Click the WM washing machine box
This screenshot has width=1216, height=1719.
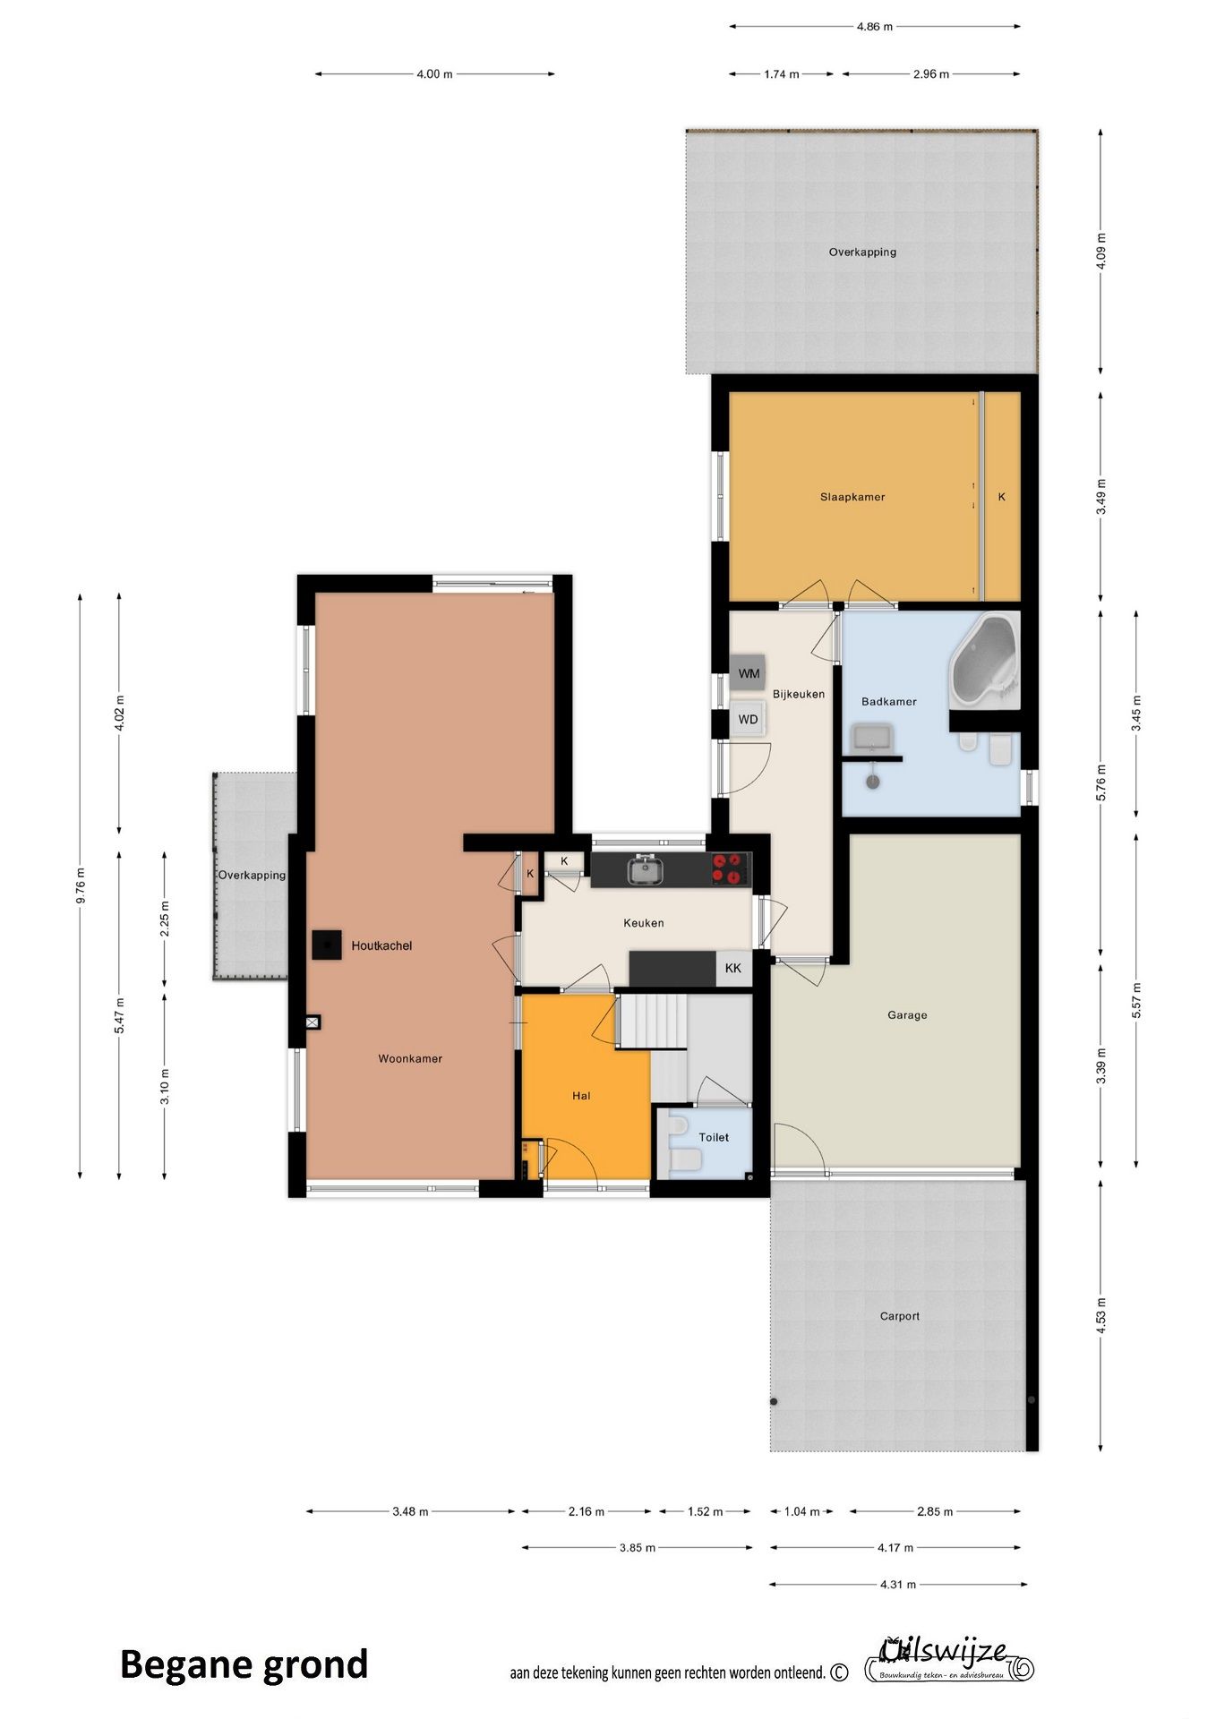point(748,673)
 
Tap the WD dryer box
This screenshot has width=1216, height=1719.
point(748,719)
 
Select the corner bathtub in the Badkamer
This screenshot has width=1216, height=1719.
point(983,660)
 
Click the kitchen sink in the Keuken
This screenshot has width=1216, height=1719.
point(643,869)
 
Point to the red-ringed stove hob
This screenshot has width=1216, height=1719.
point(730,868)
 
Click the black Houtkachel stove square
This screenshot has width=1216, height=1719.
point(327,945)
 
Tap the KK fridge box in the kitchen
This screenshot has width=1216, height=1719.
point(733,968)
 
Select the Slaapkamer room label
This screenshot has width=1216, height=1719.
point(852,497)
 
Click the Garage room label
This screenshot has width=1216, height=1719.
point(907,1014)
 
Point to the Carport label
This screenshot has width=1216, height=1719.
point(899,1316)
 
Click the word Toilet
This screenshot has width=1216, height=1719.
point(714,1137)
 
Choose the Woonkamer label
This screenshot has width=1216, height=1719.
point(410,1058)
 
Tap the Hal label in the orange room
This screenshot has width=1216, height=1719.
point(581,1095)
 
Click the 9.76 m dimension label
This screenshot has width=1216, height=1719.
point(81,885)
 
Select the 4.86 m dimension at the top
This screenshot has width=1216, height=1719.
point(874,27)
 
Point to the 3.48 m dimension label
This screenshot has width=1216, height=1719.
point(410,1511)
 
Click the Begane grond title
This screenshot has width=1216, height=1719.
point(244,1664)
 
